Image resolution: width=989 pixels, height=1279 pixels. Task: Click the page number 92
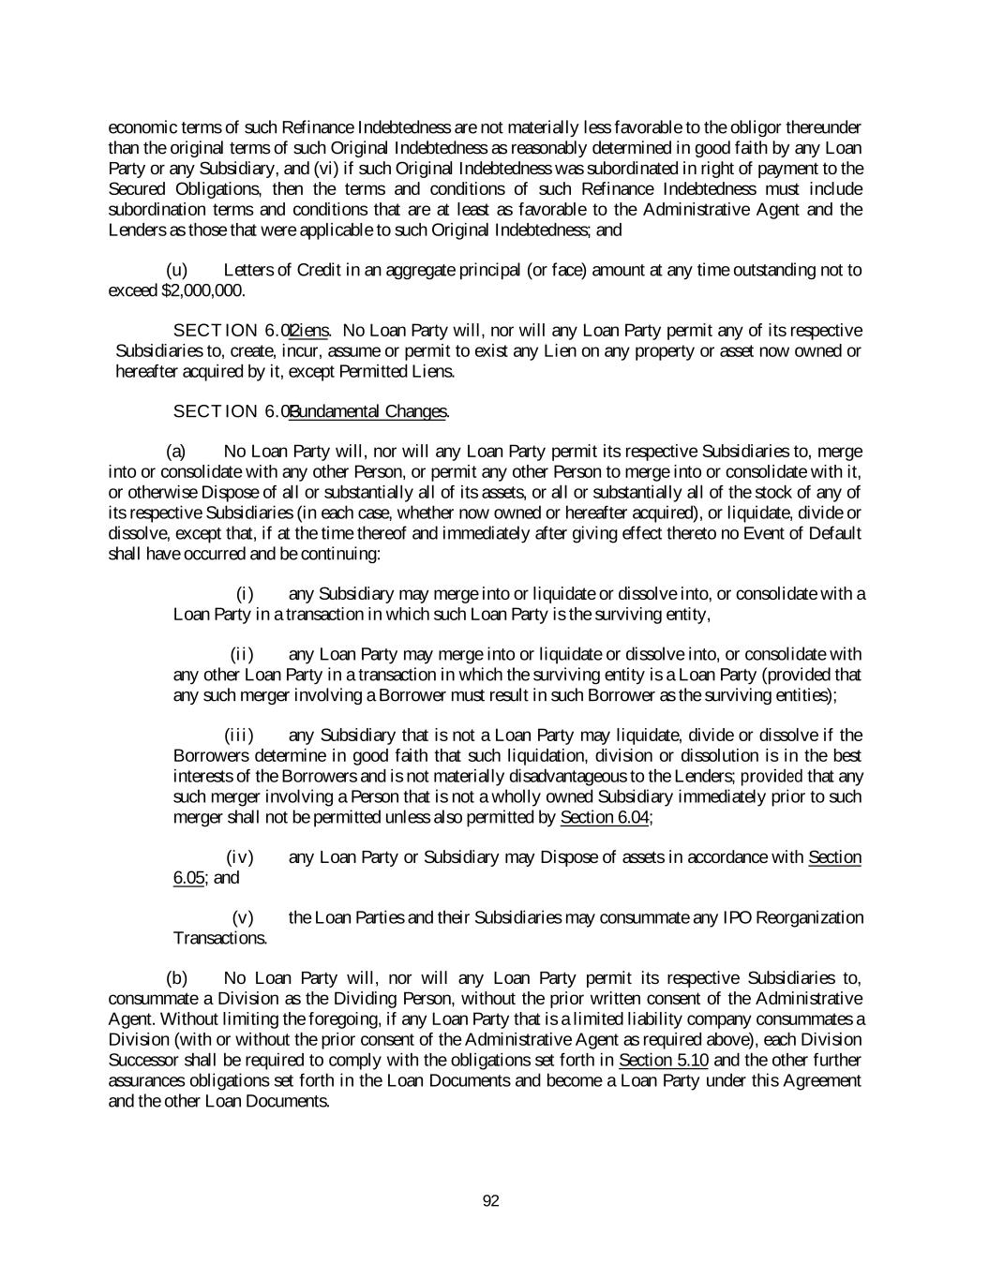tap(490, 1201)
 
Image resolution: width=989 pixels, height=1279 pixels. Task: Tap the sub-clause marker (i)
tap(245, 594)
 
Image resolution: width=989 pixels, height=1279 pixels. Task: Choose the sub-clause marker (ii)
tap(243, 654)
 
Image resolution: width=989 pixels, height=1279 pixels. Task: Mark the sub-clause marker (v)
tap(243, 917)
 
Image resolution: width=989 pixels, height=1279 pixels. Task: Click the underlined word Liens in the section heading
tap(309, 331)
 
